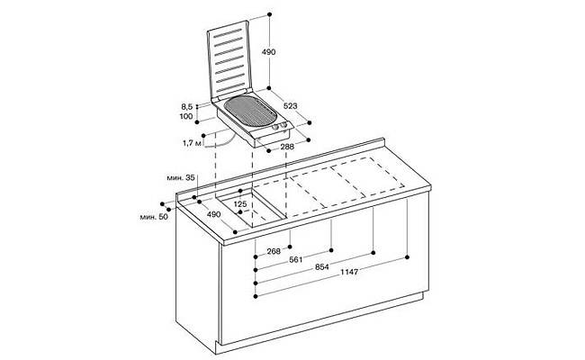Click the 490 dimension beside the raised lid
click(x=268, y=52)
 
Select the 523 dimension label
click(x=291, y=106)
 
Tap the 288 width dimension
click(x=287, y=147)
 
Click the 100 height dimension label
click(x=186, y=116)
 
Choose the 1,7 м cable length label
click(x=192, y=143)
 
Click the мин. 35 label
click(x=181, y=178)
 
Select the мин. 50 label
click(x=154, y=217)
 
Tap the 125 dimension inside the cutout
click(x=240, y=204)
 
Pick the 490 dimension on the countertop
click(x=214, y=214)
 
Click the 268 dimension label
click(x=274, y=251)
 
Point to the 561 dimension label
click(x=296, y=259)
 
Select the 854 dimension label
click(x=322, y=266)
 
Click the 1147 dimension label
click(x=349, y=272)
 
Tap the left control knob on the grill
click(x=276, y=128)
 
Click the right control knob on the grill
click(x=283, y=125)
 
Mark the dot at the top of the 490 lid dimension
click(x=269, y=14)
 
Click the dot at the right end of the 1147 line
click(x=407, y=257)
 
